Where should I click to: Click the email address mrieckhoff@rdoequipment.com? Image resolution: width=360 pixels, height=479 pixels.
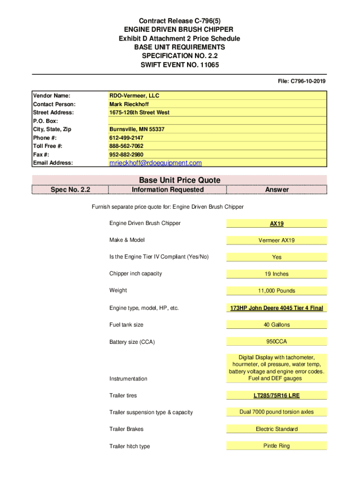click(x=155, y=163)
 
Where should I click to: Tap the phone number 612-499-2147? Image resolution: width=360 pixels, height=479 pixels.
click(x=126, y=138)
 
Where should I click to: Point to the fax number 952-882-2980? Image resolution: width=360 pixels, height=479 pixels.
click(x=126, y=155)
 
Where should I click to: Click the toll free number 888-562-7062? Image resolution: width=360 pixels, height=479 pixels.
click(x=126, y=146)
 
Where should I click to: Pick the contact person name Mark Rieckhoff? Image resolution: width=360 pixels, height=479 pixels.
click(x=129, y=104)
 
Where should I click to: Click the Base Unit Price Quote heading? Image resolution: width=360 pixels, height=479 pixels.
click(x=180, y=180)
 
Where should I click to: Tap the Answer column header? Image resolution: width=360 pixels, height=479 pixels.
click(x=277, y=189)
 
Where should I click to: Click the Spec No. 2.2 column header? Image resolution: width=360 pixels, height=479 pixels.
click(x=70, y=189)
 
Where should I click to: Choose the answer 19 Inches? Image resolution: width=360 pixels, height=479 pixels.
click(x=277, y=274)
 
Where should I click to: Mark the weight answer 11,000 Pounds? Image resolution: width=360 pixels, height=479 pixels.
click(x=277, y=291)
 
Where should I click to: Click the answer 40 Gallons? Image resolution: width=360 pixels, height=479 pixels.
click(x=277, y=325)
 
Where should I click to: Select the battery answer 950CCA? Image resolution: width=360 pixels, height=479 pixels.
click(x=277, y=341)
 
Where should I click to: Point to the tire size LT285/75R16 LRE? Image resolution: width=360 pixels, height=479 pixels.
click(x=277, y=396)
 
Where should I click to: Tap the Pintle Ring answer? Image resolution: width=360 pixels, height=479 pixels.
click(x=277, y=446)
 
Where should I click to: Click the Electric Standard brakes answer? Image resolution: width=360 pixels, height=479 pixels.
click(x=277, y=429)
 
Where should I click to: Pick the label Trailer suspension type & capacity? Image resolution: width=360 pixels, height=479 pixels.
click(x=151, y=413)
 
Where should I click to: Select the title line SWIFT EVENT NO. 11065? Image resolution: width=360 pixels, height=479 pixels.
click(x=180, y=65)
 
